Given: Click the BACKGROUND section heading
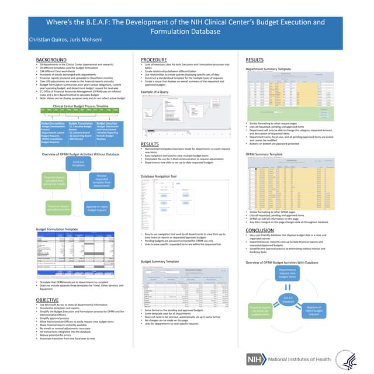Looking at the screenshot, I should click(x=51, y=60).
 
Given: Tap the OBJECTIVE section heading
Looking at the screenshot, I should click(x=48, y=299).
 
